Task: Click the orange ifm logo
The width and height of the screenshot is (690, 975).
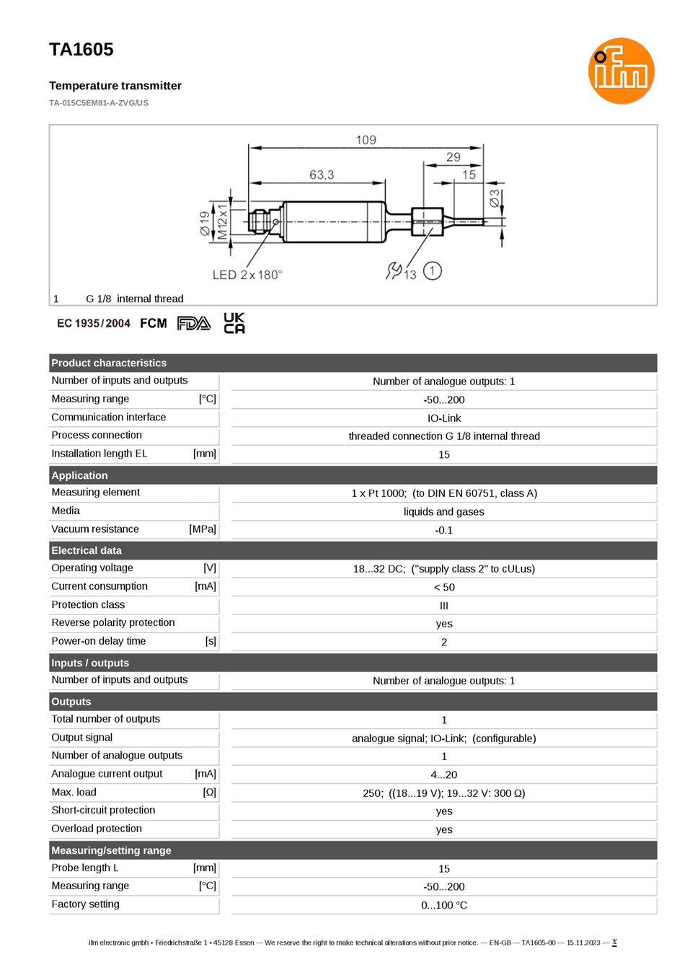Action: [x=621, y=71]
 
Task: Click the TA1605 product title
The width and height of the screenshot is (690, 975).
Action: [x=81, y=49]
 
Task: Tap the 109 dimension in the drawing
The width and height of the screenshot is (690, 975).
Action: [x=366, y=140]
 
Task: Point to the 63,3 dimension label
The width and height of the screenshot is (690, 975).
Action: [x=322, y=175]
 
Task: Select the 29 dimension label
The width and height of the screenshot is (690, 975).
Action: [x=453, y=156]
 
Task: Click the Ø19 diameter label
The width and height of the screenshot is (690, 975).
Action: [x=205, y=224]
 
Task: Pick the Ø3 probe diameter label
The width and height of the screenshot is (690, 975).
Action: [x=494, y=198]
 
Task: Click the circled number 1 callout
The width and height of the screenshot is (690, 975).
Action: [x=432, y=270]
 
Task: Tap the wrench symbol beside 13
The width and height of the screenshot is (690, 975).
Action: [x=393, y=270]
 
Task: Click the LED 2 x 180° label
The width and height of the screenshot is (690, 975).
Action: [x=247, y=275]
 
